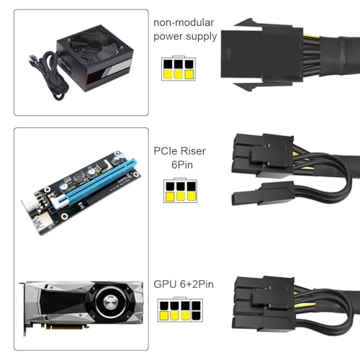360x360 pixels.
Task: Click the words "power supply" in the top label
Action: (x=184, y=37)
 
